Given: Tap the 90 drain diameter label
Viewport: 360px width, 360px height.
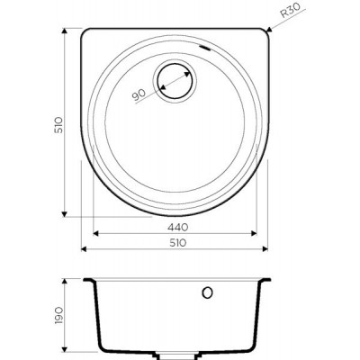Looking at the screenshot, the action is pos(139,94).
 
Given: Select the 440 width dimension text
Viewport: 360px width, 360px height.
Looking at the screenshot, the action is pos(178,228).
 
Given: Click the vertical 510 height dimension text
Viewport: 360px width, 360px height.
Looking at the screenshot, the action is pos(58,125).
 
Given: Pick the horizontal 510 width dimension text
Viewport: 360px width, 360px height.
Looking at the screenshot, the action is pos(178,243).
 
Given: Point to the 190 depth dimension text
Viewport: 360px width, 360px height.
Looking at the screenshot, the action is pos(58,315).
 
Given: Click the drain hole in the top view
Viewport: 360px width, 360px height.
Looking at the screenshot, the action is pos(175,81).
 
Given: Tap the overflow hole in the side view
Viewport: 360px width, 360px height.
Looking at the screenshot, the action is pos(207,292).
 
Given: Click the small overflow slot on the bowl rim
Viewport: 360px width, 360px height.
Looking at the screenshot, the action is pos(205,48).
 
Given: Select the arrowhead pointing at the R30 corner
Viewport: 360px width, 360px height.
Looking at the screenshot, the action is pos(269,30).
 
